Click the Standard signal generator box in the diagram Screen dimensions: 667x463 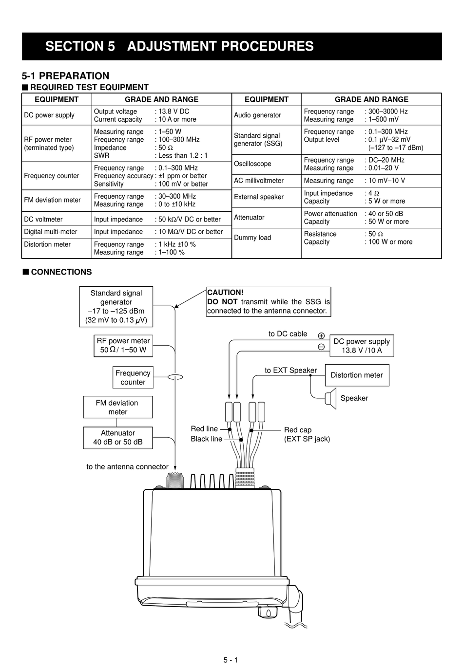pos(116,307)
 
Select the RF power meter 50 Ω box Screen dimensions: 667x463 pos(123,346)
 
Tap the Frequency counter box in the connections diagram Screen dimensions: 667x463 pos(133,377)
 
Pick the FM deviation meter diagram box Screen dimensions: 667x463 pos(117,407)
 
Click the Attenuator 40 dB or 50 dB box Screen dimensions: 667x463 pos(117,438)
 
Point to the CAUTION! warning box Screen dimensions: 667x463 pos(269,302)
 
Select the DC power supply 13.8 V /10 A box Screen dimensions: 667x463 pos(362,346)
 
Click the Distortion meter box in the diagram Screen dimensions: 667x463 pos(357,375)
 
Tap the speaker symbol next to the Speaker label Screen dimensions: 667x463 pos(331,399)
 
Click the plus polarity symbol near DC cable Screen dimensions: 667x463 pos(321,336)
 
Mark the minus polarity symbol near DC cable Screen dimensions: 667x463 pos(321,347)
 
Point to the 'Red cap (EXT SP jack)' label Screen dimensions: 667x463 pos(307,434)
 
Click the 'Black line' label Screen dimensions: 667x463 pos(206,439)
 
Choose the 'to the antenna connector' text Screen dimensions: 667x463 pos(127,467)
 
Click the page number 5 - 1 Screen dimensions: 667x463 pos(231,660)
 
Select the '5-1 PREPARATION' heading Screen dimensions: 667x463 pos(65,76)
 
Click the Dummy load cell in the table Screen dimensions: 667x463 pos(252,238)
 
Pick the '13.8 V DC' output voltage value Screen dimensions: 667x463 pos(174,111)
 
